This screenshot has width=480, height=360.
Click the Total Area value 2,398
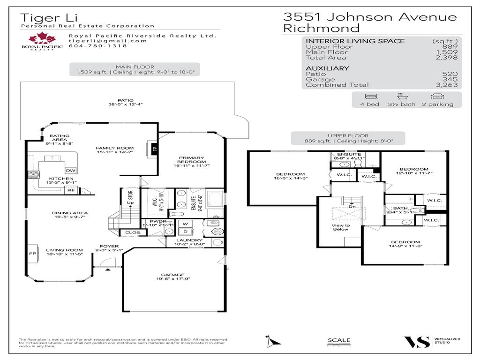pyautogui.click(x=448, y=58)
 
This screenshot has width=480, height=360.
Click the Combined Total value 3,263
pyautogui.click(x=448, y=85)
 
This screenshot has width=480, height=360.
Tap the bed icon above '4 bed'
pyautogui.click(x=369, y=96)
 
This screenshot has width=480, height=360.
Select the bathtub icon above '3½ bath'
pyautogui.click(x=401, y=96)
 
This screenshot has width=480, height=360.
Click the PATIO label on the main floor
pyautogui.click(x=125, y=100)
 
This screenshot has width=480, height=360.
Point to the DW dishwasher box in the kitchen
pyautogui.click(x=70, y=170)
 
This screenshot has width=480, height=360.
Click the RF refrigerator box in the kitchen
pyautogui.click(x=70, y=190)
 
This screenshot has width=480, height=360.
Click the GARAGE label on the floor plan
pyautogui.click(x=173, y=275)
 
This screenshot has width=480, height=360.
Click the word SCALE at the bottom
pyautogui.click(x=338, y=340)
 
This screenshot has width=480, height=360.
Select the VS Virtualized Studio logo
pyautogui.click(x=417, y=342)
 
